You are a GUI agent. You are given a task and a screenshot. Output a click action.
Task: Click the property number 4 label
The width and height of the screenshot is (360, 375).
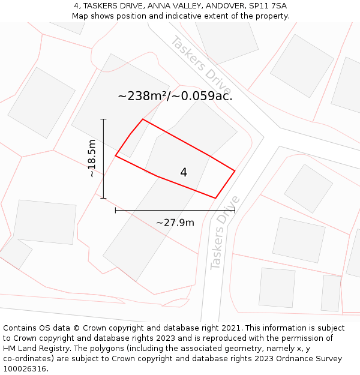pyautogui.click(x=184, y=173)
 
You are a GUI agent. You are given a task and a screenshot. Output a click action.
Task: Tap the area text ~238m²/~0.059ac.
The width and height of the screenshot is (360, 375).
pyautogui.click(x=175, y=95)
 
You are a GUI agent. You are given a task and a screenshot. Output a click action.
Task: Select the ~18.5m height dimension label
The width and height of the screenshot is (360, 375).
pyautogui.click(x=91, y=158)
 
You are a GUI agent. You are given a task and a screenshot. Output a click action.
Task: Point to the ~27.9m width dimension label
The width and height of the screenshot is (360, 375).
pyautogui.click(x=175, y=223)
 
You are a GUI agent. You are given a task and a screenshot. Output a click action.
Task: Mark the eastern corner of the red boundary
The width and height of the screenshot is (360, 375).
pyautogui.click(x=235, y=171)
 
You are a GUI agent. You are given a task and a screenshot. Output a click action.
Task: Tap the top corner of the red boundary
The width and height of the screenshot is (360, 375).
pyautogui.click(x=143, y=119)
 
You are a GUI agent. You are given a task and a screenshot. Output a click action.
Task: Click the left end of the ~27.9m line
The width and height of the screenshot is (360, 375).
pyautogui.click(x=115, y=211)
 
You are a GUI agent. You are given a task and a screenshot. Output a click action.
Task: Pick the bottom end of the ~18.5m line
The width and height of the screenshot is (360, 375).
pyautogui.click(x=103, y=198)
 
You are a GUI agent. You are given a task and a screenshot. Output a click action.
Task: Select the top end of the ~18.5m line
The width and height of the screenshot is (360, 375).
pyautogui.click(x=103, y=119)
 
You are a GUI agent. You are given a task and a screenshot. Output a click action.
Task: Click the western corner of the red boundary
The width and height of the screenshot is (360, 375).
pyautogui.click(x=116, y=157)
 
